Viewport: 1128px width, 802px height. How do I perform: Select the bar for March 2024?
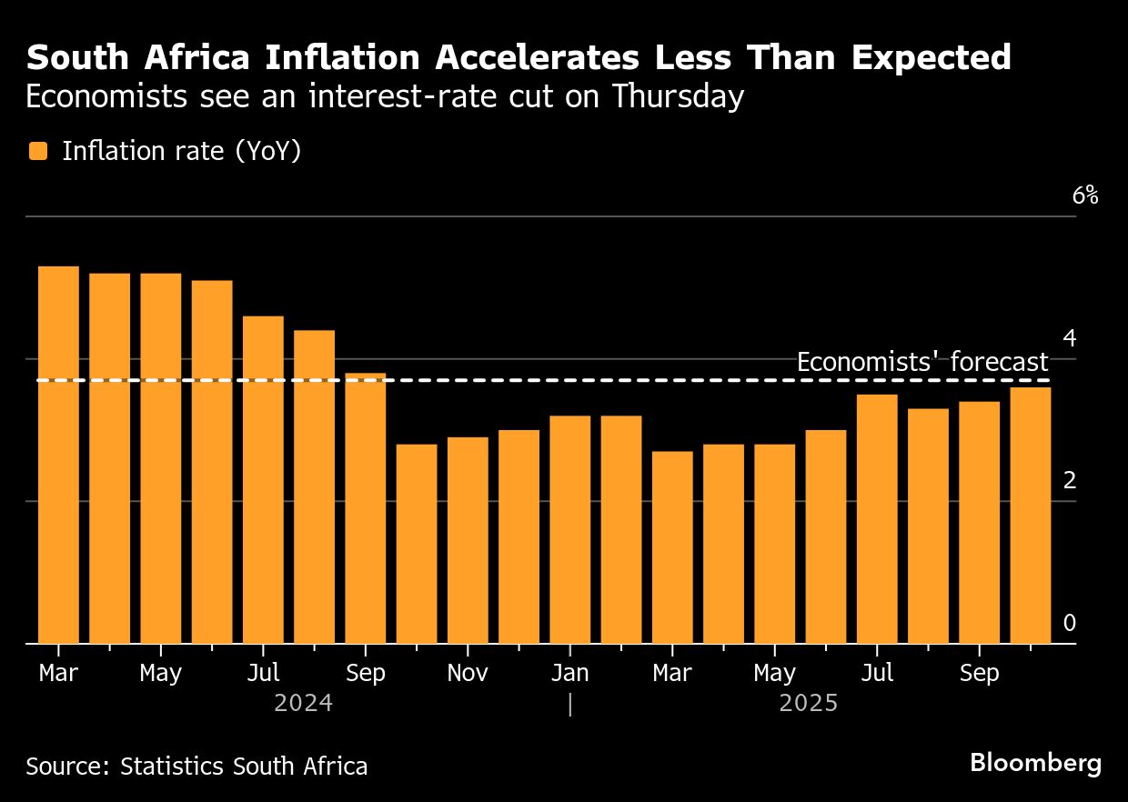[58, 455]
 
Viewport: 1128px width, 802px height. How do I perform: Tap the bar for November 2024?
[467, 540]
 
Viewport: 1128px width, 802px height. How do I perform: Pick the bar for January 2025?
[569, 529]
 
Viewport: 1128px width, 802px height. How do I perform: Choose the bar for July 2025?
[877, 518]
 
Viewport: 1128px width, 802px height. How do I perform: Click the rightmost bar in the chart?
[1030, 515]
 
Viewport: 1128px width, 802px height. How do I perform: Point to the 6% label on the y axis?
[1085, 195]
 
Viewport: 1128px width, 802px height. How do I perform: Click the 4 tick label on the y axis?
[1070, 339]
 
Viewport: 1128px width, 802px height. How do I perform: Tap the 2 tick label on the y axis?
[1070, 481]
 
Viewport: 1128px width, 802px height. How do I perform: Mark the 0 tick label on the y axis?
[1070, 624]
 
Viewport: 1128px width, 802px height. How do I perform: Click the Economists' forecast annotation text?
[922, 363]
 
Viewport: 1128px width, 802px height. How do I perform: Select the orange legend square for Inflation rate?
[37, 152]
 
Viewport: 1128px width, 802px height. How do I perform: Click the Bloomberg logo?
[1035, 763]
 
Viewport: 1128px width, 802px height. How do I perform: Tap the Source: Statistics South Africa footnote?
[196, 767]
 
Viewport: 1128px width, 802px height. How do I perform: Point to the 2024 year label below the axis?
[303, 704]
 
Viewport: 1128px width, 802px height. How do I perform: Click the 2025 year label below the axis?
[808, 704]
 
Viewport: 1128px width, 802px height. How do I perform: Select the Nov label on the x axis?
[467, 674]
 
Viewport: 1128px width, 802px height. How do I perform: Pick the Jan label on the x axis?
[569, 674]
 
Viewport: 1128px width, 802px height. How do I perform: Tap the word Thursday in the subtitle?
[678, 96]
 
